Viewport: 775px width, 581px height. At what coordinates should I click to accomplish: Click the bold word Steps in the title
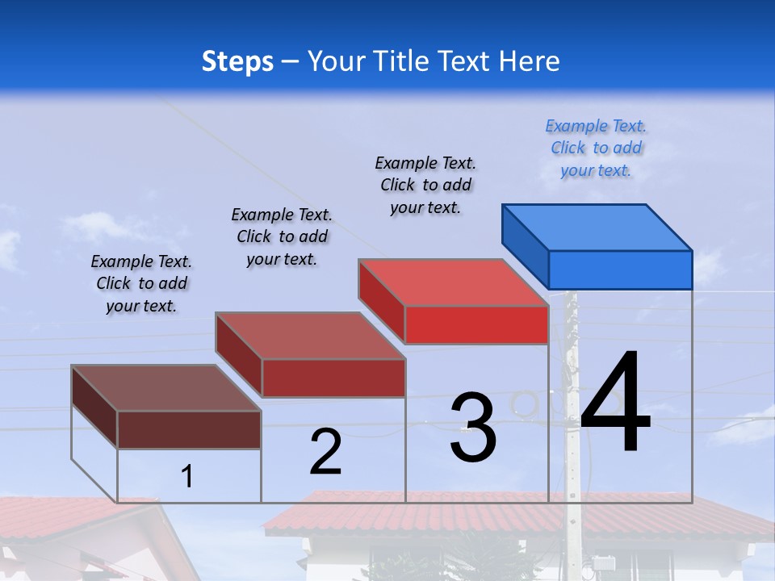click(237, 61)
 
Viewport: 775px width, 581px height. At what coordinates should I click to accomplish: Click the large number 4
click(615, 403)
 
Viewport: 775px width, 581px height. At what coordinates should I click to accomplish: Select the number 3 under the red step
click(473, 428)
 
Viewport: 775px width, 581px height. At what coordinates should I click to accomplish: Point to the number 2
click(326, 452)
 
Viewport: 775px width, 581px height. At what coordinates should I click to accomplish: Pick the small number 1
click(187, 477)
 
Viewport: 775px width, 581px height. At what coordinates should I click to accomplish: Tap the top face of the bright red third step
click(454, 282)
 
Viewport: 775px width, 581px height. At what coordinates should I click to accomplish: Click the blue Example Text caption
click(596, 148)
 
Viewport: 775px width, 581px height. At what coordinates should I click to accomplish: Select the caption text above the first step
click(141, 283)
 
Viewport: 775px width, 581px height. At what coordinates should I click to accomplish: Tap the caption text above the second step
click(282, 236)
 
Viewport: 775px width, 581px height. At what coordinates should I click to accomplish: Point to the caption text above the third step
click(425, 185)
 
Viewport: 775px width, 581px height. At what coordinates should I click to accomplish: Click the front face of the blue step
click(620, 270)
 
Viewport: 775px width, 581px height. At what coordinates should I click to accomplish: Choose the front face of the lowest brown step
click(189, 429)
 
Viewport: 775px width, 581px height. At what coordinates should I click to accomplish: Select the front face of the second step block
click(333, 378)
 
